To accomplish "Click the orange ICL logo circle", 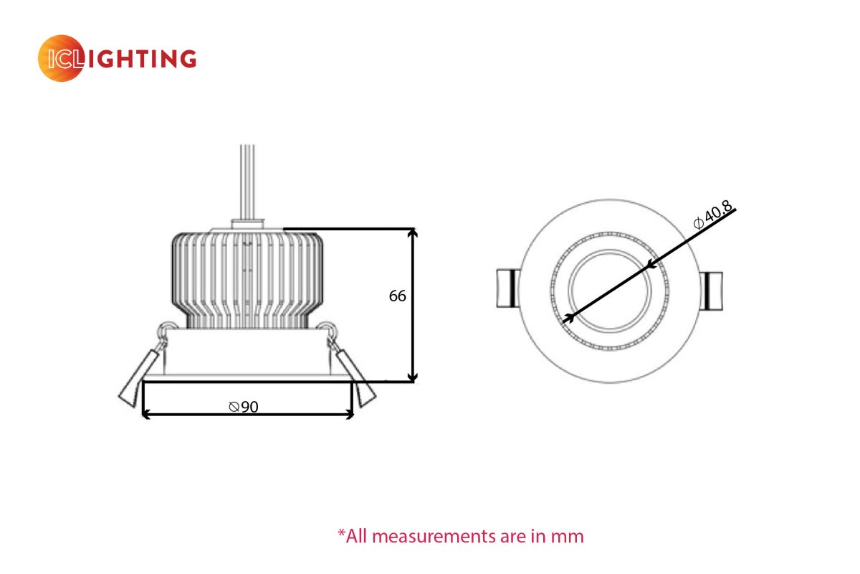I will tap(61, 58).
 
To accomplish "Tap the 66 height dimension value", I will tap(398, 296).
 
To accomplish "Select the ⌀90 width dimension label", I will tap(244, 407).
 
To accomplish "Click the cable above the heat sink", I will tap(247, 179).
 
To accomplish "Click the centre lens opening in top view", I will tap(609, 291).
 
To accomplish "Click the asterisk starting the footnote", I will tap(342, 534).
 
